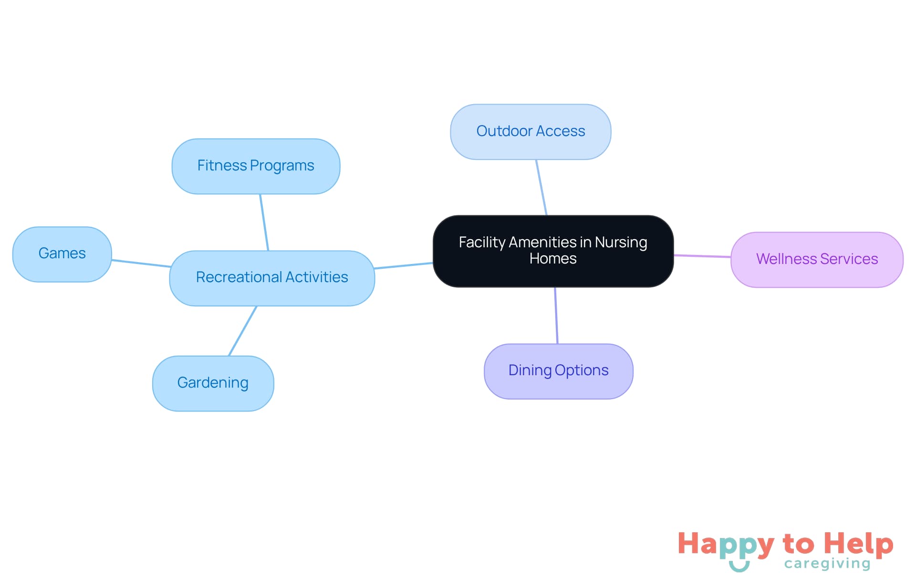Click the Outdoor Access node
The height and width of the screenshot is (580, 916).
pyautogui.click(x=531, y=131)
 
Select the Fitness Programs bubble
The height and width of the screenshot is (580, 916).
pyautogui.click(x=256, y=166)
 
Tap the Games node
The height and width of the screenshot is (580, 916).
pyautogui.click(x=62, y=253)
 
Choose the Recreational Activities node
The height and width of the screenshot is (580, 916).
pyautogui.click(x=272, y=277)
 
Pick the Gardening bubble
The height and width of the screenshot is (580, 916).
pyautogui.click(x=213, y=383)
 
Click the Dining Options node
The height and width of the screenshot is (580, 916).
pyautogui.click(x=558, y=370)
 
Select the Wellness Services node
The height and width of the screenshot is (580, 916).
pyautogui.click(x=817, y=259)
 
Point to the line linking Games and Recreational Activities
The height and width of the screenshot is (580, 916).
pyautogui.click(x=141, y=263)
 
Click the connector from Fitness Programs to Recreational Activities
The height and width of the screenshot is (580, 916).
pyautogui.click(x=264, y=222)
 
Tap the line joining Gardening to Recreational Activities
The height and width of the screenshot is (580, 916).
pyautogui.click(x=243, y=331)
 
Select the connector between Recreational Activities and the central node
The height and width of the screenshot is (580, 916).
pyautogui.click(x=404, y=265)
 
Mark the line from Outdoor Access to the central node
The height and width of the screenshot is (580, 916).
pyautogui.click(x=541, y=188)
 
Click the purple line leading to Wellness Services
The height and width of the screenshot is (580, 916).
pyautogui.click(x=702, y=256)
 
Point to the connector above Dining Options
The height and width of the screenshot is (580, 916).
pyautogui.click(x=556, y=315)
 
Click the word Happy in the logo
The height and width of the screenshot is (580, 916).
pyautogui.click(x=726, y=545)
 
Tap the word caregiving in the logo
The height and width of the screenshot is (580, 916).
pyautogui.click(x=827, y=564)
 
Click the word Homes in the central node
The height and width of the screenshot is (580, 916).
pyautogui.click(x=553, y=259)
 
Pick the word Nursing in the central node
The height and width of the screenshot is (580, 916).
pyautogui.click(x=621, y=243)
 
